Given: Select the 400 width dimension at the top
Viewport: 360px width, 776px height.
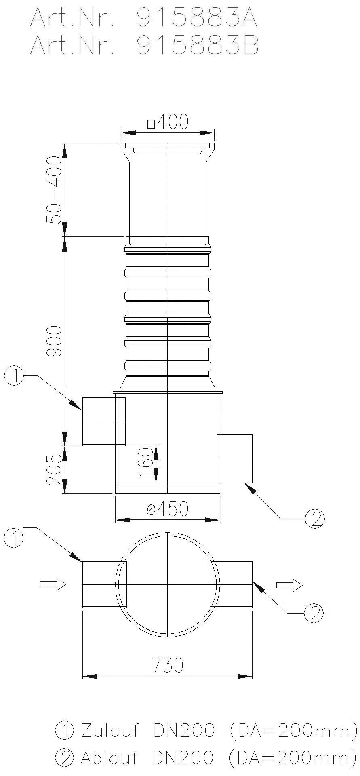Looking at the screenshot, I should click(173, 122).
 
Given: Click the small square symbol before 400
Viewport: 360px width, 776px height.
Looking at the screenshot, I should click(152, 124).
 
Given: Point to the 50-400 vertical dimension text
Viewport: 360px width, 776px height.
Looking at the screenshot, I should click(55, 190).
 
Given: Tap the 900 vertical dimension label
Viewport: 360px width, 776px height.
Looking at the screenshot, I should click(55, 340).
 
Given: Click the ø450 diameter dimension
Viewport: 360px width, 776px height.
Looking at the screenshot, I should click(168, 509).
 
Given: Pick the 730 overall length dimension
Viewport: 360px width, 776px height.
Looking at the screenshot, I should click(167, 665).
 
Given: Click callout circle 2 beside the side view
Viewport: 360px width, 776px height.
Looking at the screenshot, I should click(315, 519).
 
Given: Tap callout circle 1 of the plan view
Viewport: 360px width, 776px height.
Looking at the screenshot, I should click(14, 538).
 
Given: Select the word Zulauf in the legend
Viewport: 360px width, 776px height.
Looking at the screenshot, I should click(109, 731).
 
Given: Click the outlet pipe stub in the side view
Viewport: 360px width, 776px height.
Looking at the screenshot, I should click(235, 459).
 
